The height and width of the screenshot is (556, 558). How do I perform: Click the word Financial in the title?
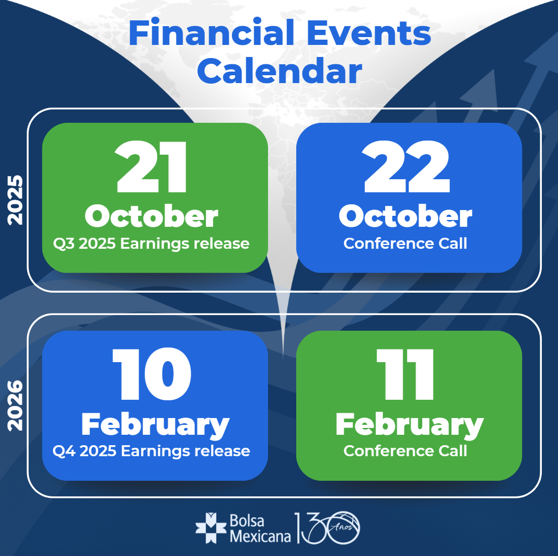point(212,33)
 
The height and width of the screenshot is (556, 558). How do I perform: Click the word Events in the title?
point(369,33)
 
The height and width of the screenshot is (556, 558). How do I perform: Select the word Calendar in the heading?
point(280,71)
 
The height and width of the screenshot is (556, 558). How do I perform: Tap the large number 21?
point(151,167)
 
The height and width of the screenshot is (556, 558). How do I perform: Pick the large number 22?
point(406,167)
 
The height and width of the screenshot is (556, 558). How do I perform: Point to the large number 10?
point(152,374)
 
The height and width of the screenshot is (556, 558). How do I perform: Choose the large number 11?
point(405,374)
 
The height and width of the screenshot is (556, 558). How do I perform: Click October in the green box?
point(151,216)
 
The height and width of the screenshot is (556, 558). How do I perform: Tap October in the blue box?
point(405,216)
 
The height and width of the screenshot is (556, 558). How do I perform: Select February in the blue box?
point(156,426)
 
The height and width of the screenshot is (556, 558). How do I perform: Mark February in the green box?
point(410,426)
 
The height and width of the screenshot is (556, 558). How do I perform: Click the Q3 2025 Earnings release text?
point(151,244)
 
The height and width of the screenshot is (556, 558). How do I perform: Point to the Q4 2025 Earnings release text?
point(151,451)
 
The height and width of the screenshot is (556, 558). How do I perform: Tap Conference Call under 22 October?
point(405,244)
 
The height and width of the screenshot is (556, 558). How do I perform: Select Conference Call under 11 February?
point(405,451)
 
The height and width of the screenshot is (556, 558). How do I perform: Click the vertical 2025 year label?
point(15,200)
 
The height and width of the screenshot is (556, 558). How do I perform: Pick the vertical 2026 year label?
point(15,406)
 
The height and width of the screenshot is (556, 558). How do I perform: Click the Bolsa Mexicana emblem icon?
point(211,528)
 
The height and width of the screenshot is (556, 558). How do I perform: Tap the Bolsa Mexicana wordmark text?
point(260,528)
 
